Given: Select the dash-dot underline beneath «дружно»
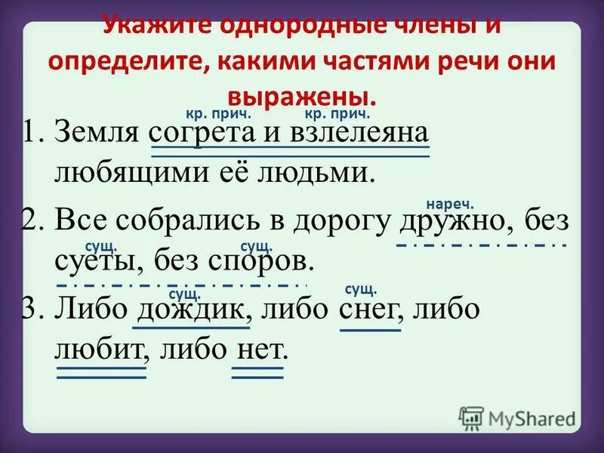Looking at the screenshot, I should (480, 245).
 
